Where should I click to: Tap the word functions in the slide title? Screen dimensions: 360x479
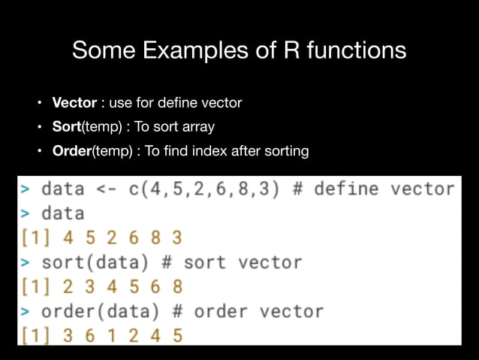tap(351, 51)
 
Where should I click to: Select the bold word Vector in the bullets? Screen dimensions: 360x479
tap(74, 102)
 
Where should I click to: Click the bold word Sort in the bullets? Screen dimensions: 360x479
tap(66, 126)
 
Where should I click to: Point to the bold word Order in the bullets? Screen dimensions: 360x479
tap(71, 151)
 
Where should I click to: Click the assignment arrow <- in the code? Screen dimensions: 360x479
tap(105, 188)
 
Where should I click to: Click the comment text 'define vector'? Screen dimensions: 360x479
tap(384, 188)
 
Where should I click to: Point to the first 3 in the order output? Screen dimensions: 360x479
tap(68, 334)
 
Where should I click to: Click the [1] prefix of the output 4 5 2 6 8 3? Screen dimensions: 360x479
tap(33, 237)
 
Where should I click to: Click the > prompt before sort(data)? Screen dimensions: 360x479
tap(26, 262)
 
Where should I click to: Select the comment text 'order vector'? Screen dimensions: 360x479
tap(258, 310)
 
